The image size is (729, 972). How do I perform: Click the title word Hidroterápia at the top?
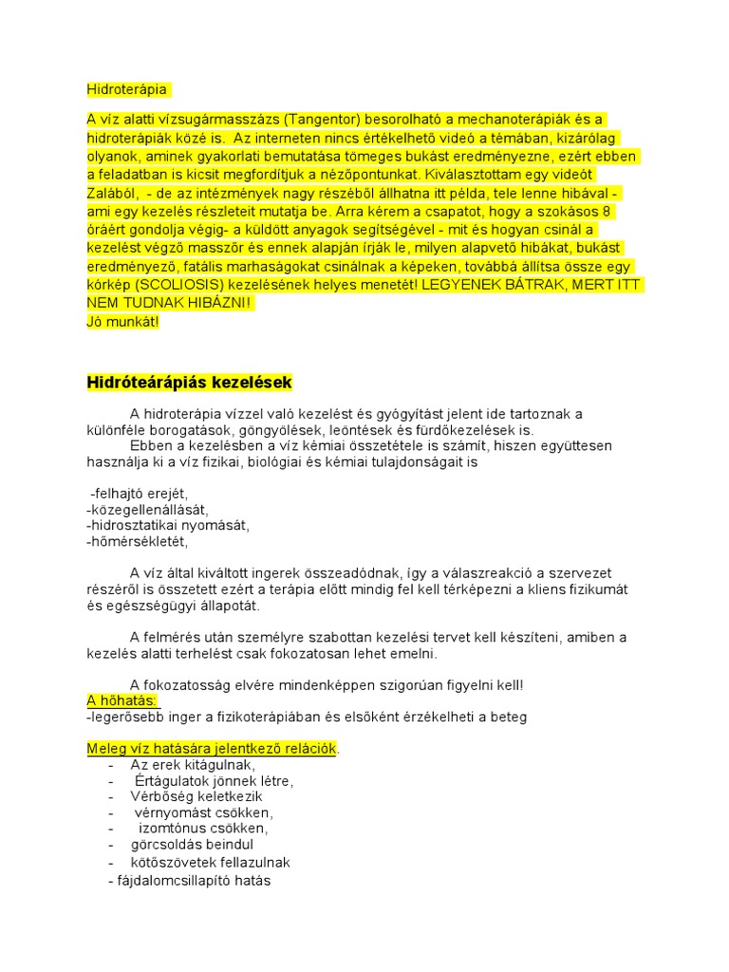pyautogui.click(x=126, y=89)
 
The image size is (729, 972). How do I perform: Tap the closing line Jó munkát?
pyautogui.click(x=123, y=322)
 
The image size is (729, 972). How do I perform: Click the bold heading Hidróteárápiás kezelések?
pyautogui.click(x=189, y=383)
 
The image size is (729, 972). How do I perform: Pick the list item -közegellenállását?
pyautogui.click(x=147, y=510)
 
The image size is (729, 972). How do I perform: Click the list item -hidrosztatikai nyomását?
pyautogui.click(x=168, y=525)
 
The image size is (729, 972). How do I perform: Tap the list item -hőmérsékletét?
pyautogui.click(x=138, y=541)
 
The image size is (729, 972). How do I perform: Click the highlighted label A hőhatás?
pyautogui.click(x=121, y=701)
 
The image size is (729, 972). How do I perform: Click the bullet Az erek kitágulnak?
pyautogui.click(x=193, y=765)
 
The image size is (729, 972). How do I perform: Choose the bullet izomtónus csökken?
pyautogui.click(x=203, y=828)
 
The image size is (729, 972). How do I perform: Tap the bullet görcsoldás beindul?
pyautogui.click(x=193, y=844)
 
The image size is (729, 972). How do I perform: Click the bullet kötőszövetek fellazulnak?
pyautogui.click(x=211, y=862)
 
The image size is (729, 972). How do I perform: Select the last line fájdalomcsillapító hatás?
pyautogui.click(x=193, y=880)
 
